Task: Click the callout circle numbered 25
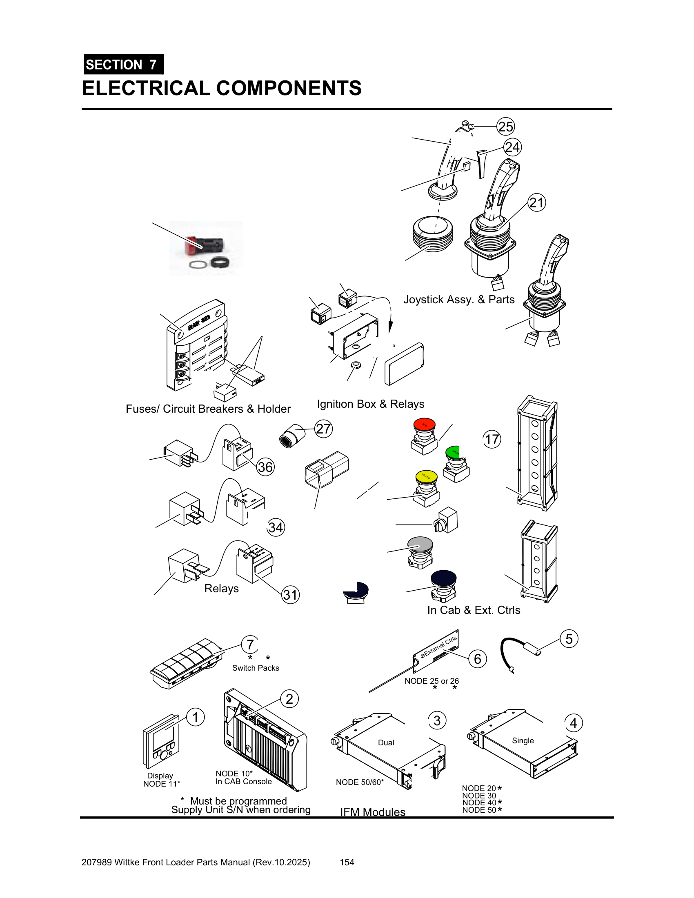pyautogui.click(x=505, y=126)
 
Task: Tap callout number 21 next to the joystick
pyautogui.click(x=536, y=203)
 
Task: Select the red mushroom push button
pyautogui.click(x=424, y=425)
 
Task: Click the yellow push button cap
pyautogui.click(x=426, y=476)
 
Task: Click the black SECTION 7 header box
pyautogui.click(x=124, y=64)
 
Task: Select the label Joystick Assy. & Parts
pyautogui.click(x=459, y=299)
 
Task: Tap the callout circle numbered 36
pyautogui.click(x=265, y=467)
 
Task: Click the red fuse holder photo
pyautogui.click(x=206, y=247)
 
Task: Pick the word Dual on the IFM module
pyautogui.click(x=386, y=742)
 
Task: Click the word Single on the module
pyautogui.click(x=523, y=740)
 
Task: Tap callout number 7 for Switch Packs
pyautogui.click(x=250, y=644)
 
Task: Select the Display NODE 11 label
pyautogui.click(x=161, y=780)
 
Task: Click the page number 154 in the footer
pyautogui.click(x=347, y=862)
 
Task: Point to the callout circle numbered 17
pyautogui.click(x=492, y=440)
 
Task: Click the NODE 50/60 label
pyautogui.click(x=360, y=782)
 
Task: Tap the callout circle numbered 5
pyautogui.click(x=569, y=639)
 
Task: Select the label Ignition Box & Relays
pyautogui.click(x=370, y=404)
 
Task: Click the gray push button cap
pyautogui.click(x=420, y=544)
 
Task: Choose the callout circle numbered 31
pyautogui.click(x=290, y=595)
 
